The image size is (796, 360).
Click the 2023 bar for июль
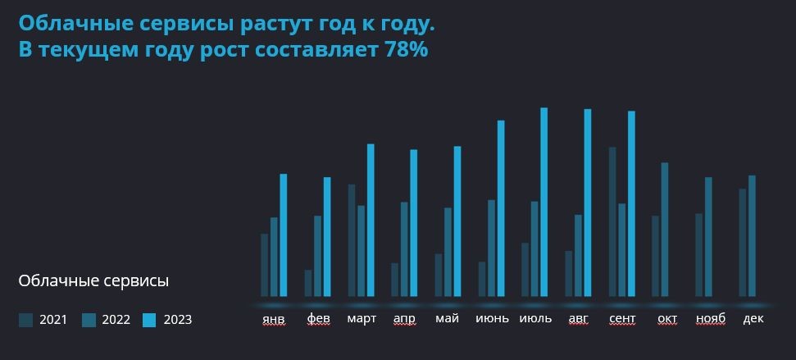544,202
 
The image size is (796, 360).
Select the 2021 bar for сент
612,221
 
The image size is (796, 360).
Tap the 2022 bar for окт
665,229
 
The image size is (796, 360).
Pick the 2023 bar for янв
284,235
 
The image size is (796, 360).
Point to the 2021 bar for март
352,239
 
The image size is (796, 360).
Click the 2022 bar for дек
752,235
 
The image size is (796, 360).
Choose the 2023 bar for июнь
501,207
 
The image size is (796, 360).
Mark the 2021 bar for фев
308,283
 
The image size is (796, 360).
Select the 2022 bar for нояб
708,236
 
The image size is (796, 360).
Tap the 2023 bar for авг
587,202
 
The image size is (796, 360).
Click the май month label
448,318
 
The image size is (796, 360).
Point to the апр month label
404,318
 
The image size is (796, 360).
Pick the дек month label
753,318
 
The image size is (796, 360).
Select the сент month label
622,318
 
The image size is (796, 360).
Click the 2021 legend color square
25,320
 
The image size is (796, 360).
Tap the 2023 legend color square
149,320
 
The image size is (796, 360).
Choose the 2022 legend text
116,320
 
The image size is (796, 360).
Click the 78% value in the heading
405,49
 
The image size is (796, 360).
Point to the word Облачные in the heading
66,24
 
